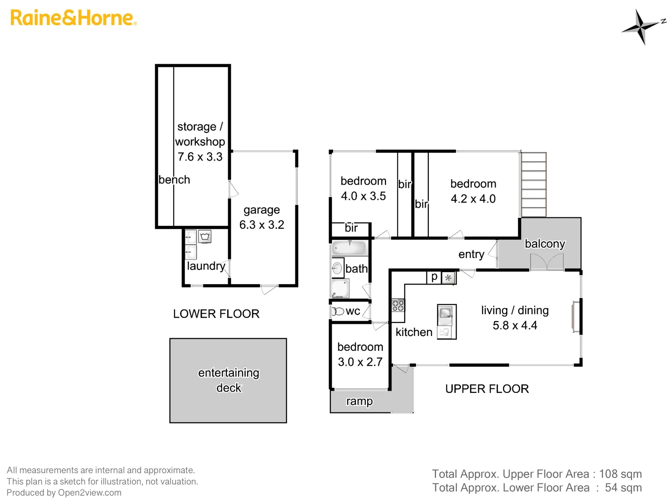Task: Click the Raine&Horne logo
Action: tap(73, 18)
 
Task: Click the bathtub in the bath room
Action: tap(349, 248)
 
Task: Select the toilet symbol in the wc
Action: tap(337, 311)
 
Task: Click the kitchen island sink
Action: tap(446, 312)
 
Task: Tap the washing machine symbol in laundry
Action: tap(205, 237)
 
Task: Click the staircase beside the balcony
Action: tap(533, 185)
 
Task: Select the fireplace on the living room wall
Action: tap(576, 317)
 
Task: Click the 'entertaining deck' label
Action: tap(229, 380)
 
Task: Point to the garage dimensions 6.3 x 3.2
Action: tap(262, 225)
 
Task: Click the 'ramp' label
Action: tap(359, 401)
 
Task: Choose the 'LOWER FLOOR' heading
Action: tap(216, 314)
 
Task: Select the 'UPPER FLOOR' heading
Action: tap(487, 389)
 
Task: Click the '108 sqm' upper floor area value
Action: tap(620, 474)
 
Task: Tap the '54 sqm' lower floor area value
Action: tap(623, 488)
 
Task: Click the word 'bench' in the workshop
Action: tap(174, 180)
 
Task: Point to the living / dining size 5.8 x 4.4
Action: tap(515, 326)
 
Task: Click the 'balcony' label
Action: tap(545, 244)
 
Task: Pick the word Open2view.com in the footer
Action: tap(90, 493)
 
